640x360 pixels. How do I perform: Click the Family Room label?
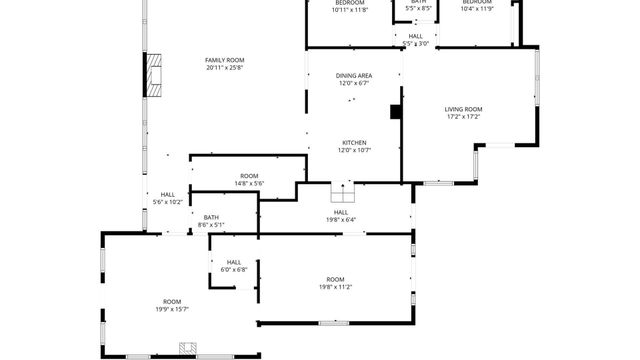[x=225, y=60]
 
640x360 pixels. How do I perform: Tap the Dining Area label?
[x=354, y=75]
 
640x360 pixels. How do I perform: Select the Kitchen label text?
[x=354, y=142]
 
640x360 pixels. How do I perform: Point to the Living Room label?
[x=464, y=109]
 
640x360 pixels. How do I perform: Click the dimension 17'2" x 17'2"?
[x=464, y=117]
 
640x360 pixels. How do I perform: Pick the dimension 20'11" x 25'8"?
[x=225, y=68]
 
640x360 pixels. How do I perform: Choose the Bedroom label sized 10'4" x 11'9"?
[x=477, y=2]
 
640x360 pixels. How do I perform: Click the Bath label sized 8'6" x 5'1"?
[x=211, y=217]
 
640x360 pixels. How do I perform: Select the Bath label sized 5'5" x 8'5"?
[x=418, y=2]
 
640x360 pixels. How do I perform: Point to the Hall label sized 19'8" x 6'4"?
[x=341, y=212]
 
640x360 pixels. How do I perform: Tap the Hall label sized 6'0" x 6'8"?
[x=234, y=262]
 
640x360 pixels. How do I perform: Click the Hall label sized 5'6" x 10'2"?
[x=168, y=194]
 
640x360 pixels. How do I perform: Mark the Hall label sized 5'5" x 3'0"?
[x=416, y=36]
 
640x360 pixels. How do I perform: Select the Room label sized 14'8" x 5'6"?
[x=249, y=176]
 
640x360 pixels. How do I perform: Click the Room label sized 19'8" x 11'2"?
[x=335, y=279]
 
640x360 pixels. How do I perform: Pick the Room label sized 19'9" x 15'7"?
[x=173, y=301]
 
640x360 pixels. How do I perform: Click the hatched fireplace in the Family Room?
[x=154, y=73]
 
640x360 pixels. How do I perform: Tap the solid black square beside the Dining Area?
[x=396, y=111]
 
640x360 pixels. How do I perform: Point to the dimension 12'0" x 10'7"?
[x=354, y=150]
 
